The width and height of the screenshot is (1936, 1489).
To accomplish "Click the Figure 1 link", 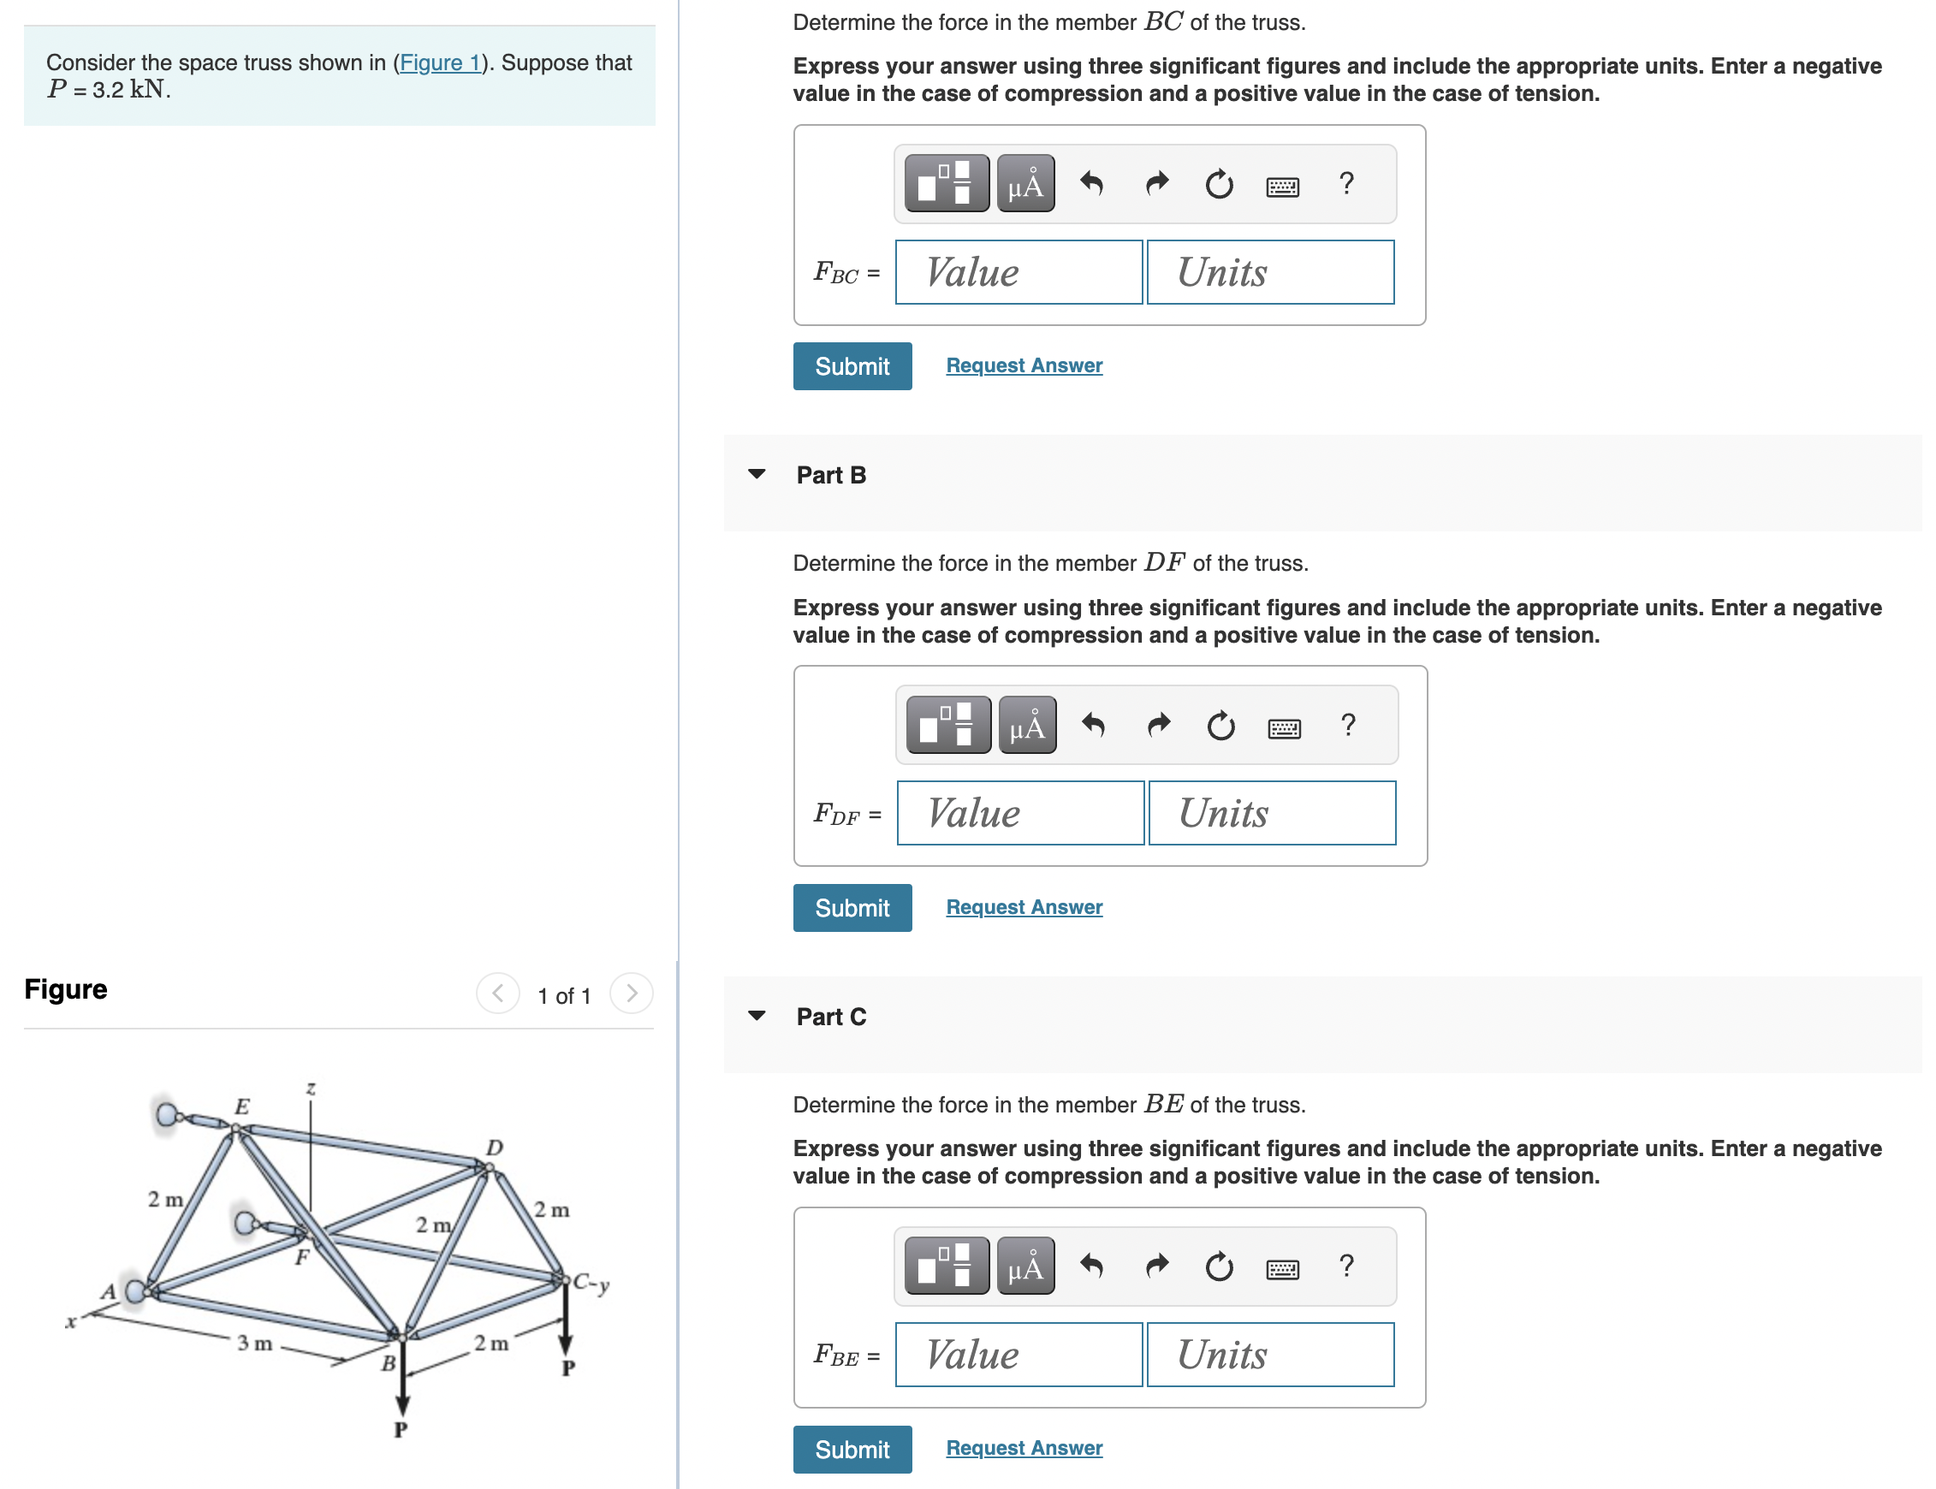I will click(x=440, y=63).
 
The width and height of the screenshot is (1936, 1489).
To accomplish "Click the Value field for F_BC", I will click(x=1018, y=272).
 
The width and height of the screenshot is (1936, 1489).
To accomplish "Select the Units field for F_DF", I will click(x=1272, y=813).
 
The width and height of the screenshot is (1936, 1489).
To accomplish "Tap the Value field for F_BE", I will click(x=1018, y=1355).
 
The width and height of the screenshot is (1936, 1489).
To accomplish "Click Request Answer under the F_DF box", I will click(x=1024, y=907).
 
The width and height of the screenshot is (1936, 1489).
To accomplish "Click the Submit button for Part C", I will click(x=852, y=1449).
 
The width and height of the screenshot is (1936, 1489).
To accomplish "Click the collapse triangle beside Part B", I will click(x=756, y=474).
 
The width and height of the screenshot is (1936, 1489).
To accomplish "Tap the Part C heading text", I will click(x=830, y=1017).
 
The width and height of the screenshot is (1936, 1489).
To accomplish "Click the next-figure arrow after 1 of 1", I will click(x=631, y=994).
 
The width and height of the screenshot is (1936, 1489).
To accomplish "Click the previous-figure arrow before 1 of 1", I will click(x=498, y=994).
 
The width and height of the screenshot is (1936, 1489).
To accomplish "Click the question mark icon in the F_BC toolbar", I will click(x=1345, y=183).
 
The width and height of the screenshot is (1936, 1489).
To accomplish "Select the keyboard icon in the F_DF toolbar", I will click(x=1284, y=728).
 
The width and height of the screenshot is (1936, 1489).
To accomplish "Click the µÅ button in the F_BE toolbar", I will click(x=1025, y=1266).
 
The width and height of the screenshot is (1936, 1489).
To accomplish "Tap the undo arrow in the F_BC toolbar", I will click(x=1091, y=183).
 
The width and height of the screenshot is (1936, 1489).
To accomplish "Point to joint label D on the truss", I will click(x=494, y=1147).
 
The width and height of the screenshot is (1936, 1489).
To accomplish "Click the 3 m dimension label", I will click(x=254, y=1343).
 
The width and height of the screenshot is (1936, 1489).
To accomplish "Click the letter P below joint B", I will click(x=401, y=1429).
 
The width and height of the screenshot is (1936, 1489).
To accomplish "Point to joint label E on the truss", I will click(x=241, y=1106).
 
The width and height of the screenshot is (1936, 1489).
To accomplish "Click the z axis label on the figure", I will click(x=310, y=1089).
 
